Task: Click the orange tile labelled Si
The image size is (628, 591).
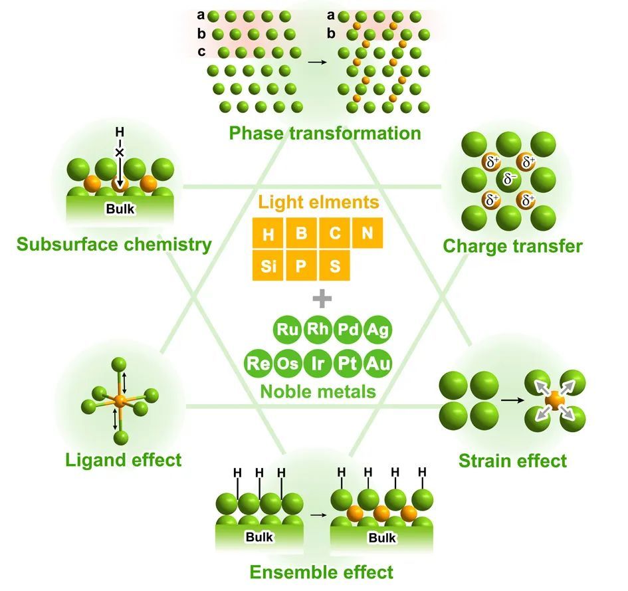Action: point(268,268)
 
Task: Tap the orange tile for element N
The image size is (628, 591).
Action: point(367,234)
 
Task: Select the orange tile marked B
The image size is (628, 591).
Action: point(301,234)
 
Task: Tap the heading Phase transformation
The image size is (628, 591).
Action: point(325,133)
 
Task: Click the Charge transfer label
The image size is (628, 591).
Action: point(512,247)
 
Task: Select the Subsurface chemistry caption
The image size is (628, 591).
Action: point(114,245)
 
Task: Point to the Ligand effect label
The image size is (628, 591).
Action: point(124,459)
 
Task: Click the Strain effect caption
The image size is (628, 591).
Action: point(512,460)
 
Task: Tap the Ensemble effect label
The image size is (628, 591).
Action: point(321,572)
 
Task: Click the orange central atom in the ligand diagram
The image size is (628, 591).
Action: point(120,400)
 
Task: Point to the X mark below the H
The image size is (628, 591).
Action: point(120,152)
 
